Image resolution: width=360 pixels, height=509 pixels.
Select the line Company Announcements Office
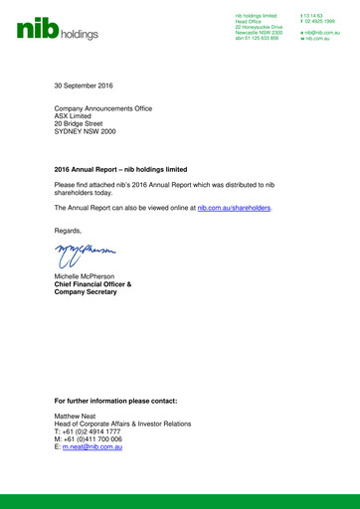102,107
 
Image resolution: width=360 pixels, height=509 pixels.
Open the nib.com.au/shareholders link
234,209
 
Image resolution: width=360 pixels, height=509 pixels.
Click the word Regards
69,231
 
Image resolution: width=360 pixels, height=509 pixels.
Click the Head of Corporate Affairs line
122,424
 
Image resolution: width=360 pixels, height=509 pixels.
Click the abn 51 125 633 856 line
258,37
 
